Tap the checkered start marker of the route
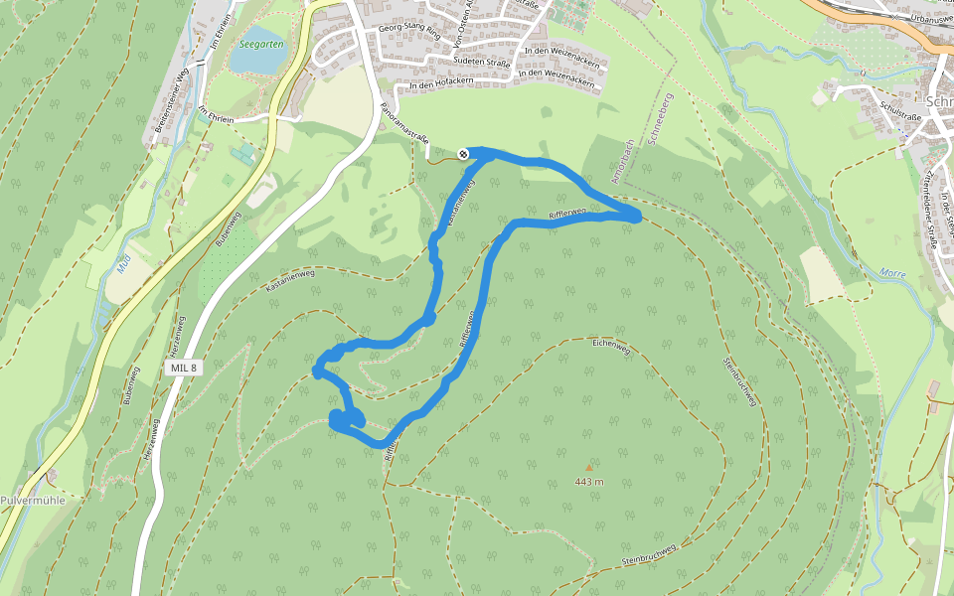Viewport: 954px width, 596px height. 463,152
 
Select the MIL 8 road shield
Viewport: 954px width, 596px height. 183,368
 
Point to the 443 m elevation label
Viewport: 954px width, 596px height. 589,482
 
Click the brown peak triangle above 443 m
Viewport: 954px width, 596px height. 588,466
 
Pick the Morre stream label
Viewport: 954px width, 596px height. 893,271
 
